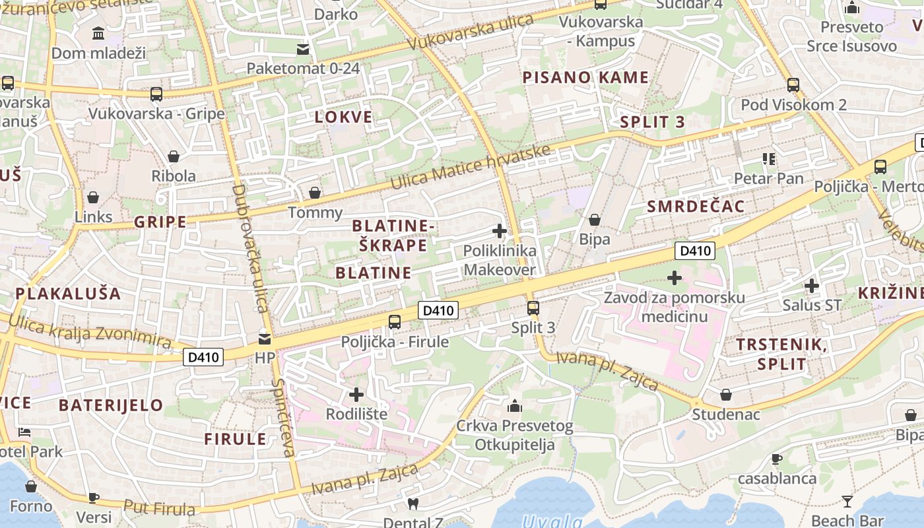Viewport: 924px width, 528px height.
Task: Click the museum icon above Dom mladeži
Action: click(98, 33)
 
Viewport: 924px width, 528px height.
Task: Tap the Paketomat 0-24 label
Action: click(303, 68)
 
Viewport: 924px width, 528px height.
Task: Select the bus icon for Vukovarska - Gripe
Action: click(156, 94)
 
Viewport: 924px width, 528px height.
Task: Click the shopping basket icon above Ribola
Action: click(174, 156)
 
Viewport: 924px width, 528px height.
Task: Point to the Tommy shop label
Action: click(315, 213)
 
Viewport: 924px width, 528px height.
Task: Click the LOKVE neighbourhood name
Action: click(343, 117)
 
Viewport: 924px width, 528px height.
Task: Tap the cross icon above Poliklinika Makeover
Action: click(500, 231)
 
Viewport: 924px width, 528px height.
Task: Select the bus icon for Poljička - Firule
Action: click(395, 321)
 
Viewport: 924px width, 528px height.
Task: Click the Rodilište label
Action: click(356, 414)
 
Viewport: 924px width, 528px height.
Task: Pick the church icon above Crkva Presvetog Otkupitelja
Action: click(515, 405)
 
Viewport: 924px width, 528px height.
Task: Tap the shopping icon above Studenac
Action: click(726, 395)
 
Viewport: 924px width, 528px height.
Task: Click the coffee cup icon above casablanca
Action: click(777, 459)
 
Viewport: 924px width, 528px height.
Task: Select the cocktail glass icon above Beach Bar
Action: click(847, 501)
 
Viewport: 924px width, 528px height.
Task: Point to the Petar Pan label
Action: click(769, 178)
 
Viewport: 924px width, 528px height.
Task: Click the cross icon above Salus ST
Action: click(812, 286)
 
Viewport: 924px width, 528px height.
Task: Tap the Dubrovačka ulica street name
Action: click(249, 247)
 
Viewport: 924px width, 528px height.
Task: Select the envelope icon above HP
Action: click(265, 339)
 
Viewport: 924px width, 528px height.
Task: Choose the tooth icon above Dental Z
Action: click(413, 504)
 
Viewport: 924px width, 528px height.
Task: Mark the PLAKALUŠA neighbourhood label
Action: click(68, 294)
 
